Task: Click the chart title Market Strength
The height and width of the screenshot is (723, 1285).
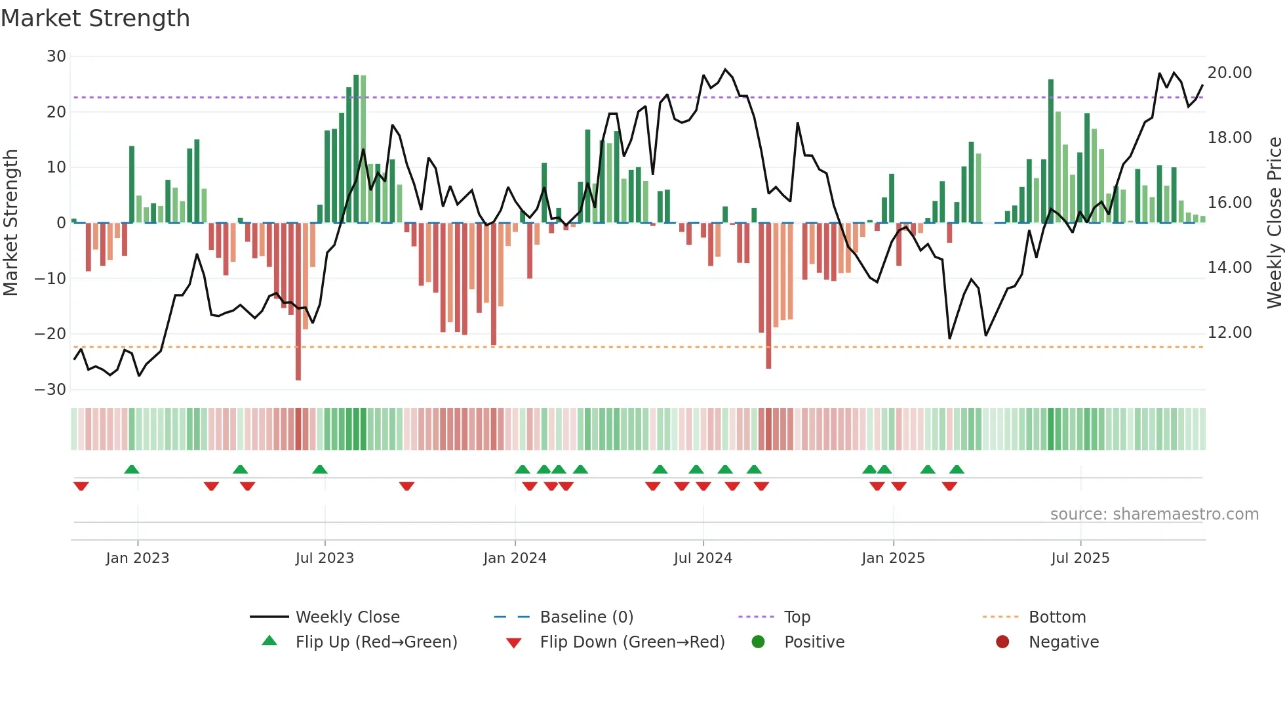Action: tap(95, 18)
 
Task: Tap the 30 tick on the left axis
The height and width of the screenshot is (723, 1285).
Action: tap(56, 56)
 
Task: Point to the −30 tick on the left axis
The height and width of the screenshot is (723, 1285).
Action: tap(50, 390)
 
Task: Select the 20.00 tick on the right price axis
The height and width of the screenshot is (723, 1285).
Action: tap(1229, 73)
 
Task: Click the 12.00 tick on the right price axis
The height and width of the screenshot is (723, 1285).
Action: tap(1229, 333)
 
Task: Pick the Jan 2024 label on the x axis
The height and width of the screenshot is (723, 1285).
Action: tap(515, 558)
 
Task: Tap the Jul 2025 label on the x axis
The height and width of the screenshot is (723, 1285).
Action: tap(1080, 558)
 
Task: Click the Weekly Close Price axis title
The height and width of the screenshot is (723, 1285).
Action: tap(1274, 223)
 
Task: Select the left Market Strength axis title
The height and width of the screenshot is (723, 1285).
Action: tap(10, 223)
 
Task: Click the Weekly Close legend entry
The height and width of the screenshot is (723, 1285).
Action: tap(347, 617)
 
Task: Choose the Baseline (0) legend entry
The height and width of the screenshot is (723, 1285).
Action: tap(586, 617)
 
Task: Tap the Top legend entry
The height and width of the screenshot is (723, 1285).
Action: tap(797, 617)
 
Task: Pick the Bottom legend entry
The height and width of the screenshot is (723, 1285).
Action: tap(1057, 617)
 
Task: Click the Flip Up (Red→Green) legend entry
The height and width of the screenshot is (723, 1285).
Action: tap(376, 642)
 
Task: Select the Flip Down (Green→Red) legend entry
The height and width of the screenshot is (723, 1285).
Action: tap(632, 642)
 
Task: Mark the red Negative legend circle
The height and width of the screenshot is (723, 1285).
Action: tap(1002, 642)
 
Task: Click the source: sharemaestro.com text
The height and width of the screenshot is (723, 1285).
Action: tap(1154, 514)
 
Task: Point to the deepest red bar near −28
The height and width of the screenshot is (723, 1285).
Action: tap(298, 302)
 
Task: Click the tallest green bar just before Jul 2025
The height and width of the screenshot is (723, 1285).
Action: tap(1051, 151)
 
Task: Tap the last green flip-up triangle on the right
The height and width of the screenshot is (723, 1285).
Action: tap(957, 470)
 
